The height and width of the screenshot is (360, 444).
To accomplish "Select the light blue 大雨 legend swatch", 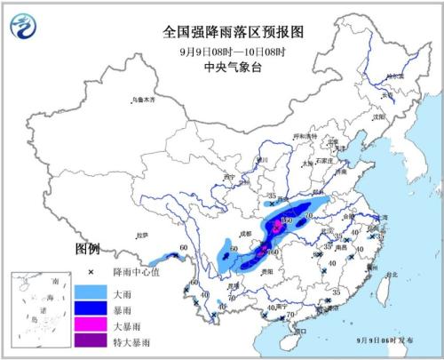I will (x=91, y=292).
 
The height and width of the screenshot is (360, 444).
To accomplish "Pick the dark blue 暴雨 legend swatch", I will (x=91, y=308).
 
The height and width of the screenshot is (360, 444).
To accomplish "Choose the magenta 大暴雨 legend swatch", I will (x=91, y=325).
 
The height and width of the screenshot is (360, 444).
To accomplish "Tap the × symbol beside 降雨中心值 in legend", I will (x=91, y=273).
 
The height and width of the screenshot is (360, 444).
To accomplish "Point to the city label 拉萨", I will (x=141, y=235).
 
